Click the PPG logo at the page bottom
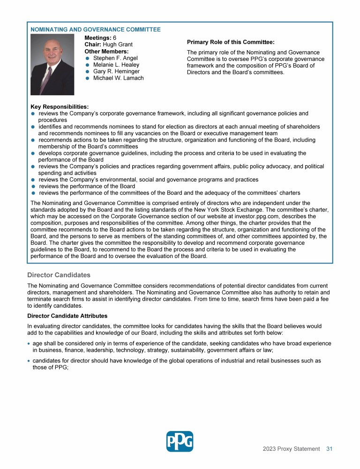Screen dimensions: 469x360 pyautogui.click(x=180, y=441)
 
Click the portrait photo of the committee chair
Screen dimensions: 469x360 pyautogui.click(x=52, y=65)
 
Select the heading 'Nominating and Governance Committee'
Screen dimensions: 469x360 pyautogui.click(x=96, y=30)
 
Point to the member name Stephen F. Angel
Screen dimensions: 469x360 pyautogui.click(x=115, y=58)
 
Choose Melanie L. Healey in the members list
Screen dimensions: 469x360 pyautogui.click(x=116, y=65)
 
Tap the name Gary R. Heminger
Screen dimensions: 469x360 pyautogui.click(x=117, y=71)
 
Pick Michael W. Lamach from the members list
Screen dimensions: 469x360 pyautogui.click(x=119, y=78)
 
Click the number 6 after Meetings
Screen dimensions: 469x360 pyautogui.click(x=115, y=38)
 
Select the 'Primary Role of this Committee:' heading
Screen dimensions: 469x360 pyautogui.click(x=231, y=42)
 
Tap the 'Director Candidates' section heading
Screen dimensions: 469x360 pyautogui.click(x=59, y=275)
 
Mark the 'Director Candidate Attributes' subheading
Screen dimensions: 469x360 pyautogui.click(x=67, y=316)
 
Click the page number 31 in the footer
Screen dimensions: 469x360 pyautogui.click(x=329, y=449)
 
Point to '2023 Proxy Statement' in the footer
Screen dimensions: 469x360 pyautogui.click(x=291, y=449)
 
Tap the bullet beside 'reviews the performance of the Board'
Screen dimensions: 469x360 pyautogui.click(x=33, y=186)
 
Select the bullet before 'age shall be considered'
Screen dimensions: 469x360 pyautogui.click(x=29, y=344)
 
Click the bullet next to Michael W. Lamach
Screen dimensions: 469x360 pyautogui.click(x=88, y=78)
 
